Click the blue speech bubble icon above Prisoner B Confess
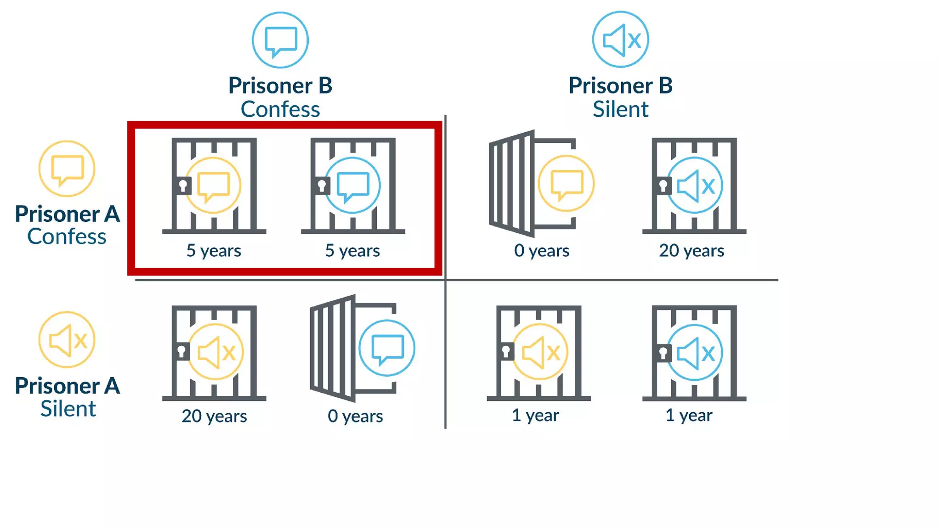(280, 40)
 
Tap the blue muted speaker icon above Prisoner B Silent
(620, 40)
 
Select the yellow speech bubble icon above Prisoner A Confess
(67, 169)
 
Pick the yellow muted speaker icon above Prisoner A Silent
(67, 340)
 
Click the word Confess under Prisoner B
(280, 109)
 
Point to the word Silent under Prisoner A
(68, 409)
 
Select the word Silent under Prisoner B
(620, 109)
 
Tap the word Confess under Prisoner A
(67, 236)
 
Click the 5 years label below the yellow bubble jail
(214, 251)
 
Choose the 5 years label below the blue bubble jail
(352, 251)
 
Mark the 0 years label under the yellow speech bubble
(542, 251)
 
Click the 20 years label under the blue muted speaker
(692, 251)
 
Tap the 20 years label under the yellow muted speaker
(214, 416)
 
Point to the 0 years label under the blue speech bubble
(355, 416)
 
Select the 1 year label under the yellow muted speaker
(535, 415)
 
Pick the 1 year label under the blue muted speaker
(689, 415)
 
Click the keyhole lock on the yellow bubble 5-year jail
(183, 186)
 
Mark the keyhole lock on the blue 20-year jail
(663, 186)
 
